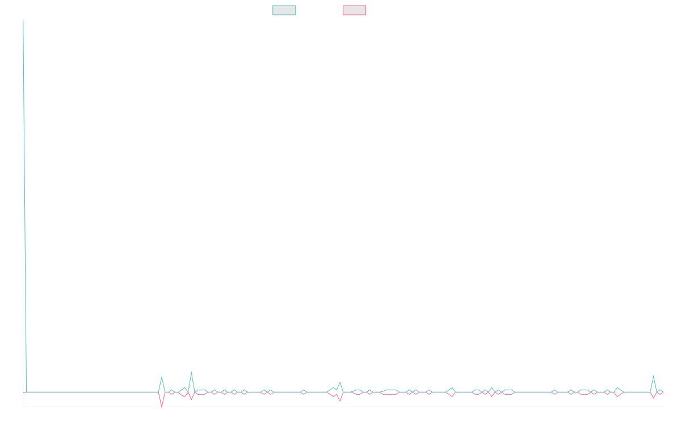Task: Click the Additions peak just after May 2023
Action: pyautogui.click(x=191, y=371)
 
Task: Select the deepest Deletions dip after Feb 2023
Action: pyautogui.click(x=162, y=407)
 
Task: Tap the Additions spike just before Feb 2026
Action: pyautogui.click(x=653, y=376)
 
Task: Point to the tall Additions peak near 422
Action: pyautogui.click(x=23, y=73)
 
